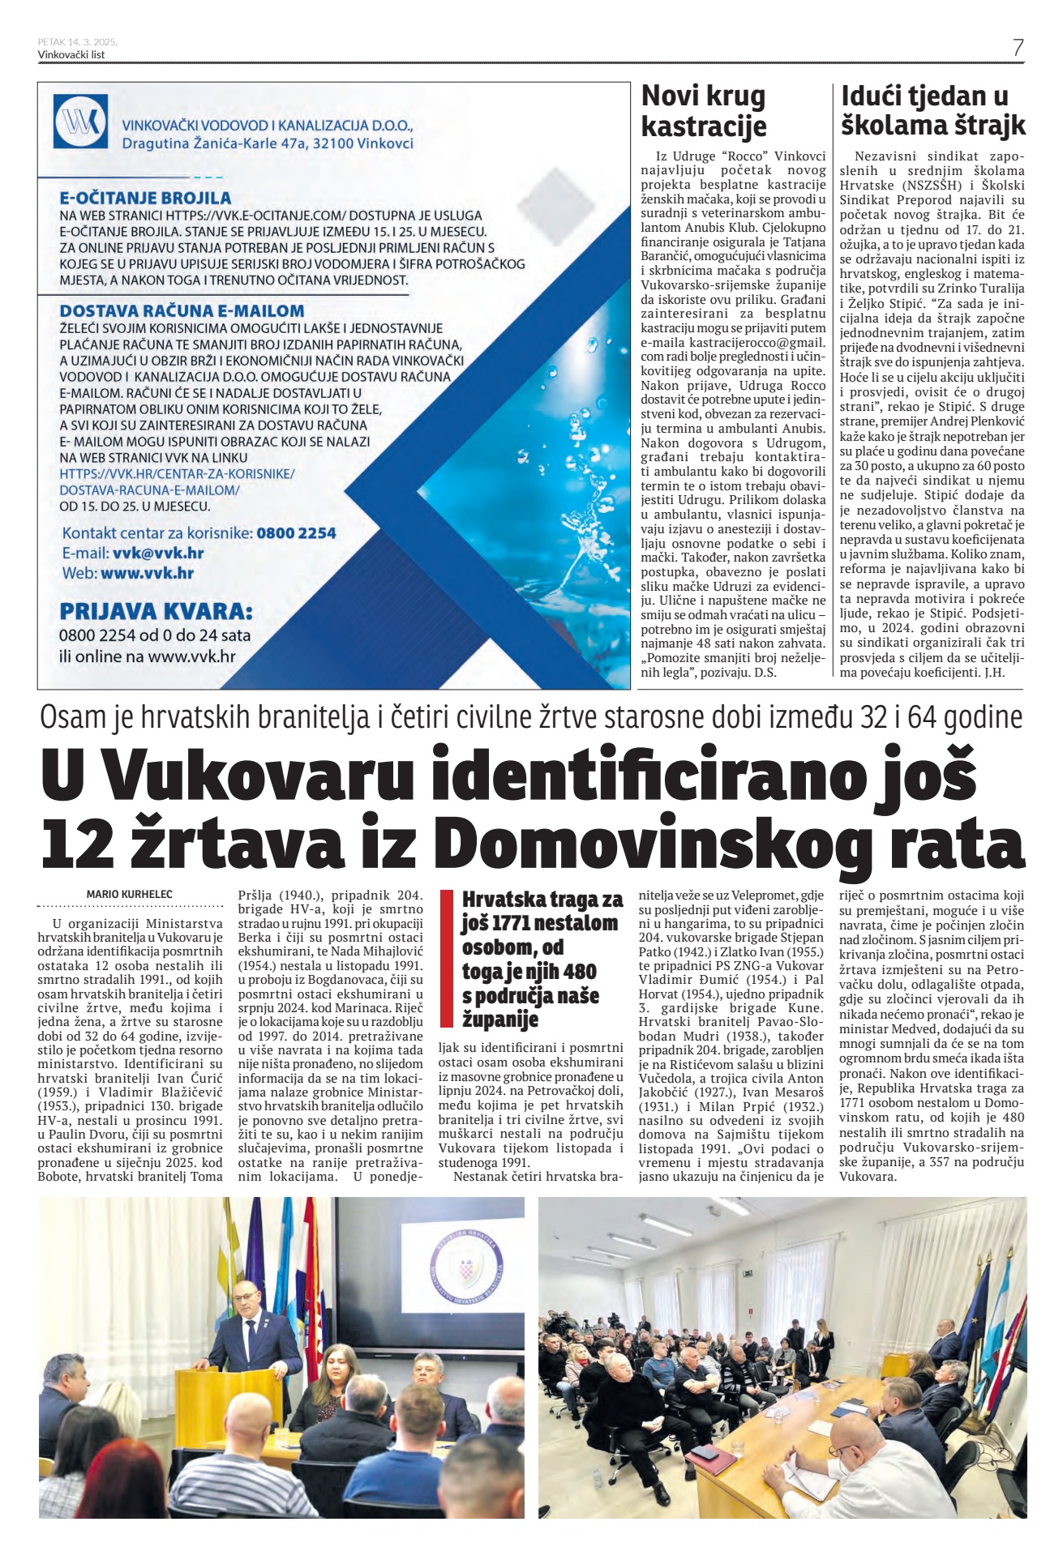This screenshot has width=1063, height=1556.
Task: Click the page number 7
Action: tap(1018, 47)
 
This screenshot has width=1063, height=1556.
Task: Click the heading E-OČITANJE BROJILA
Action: tap(145, 198)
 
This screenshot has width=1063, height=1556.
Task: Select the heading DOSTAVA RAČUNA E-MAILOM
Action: tap(182, 310)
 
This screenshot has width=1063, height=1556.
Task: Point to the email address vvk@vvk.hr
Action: tap(158, 554)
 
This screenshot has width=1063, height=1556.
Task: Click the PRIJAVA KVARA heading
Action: tap(156, 610)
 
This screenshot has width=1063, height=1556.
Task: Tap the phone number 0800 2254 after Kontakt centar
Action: tap(296, 533)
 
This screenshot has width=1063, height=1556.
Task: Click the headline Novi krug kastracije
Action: tap(703, 111)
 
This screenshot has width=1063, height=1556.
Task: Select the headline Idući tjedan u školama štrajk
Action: tap(932, 110)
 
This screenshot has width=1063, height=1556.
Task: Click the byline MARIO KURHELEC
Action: tap(129, 894)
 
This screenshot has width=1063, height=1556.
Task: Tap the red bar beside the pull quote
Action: tap(445, 959)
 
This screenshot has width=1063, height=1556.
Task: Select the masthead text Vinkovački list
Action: tap(71, 55)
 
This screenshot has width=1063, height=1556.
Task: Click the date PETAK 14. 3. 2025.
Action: tap(78, 41)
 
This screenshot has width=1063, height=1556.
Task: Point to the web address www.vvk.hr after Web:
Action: tap(148, 573)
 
